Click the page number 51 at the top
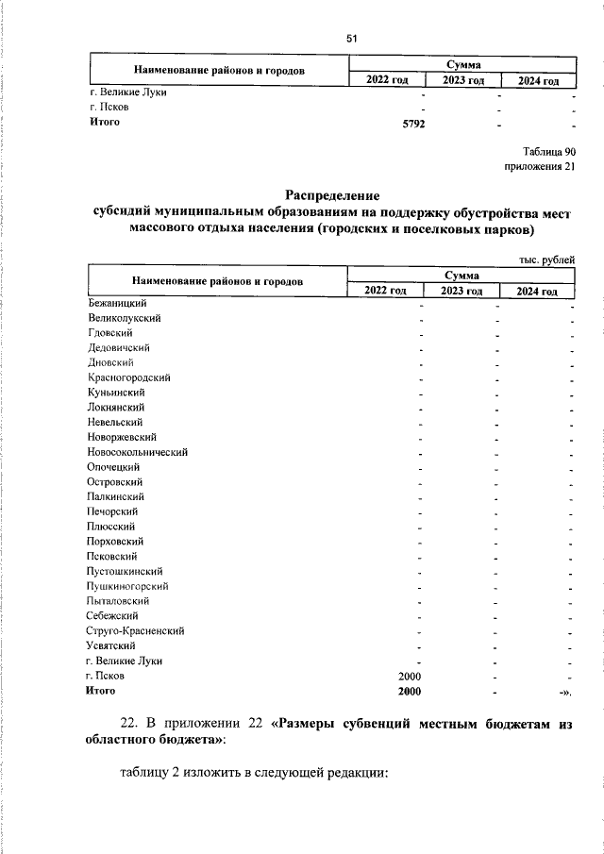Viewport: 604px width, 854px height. pos(352,39)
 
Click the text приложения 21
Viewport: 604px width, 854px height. pos(541,167)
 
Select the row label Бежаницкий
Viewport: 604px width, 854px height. pos(115,303)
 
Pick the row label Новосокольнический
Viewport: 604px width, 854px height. pos(137,452)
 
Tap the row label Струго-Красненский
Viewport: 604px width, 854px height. pos(135,630)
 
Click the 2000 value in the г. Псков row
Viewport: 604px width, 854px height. pos(408,676)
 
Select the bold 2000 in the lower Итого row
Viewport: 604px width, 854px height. pos(408,691)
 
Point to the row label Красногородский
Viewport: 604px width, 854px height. pos(128,377)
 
